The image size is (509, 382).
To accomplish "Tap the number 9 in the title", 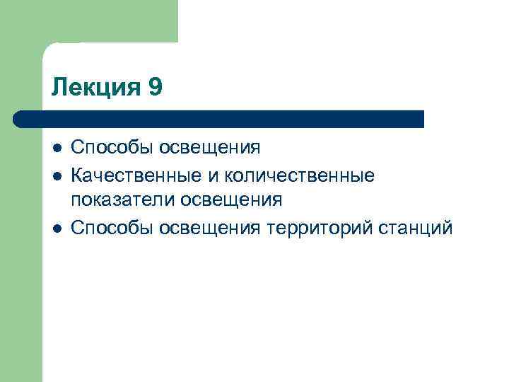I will [156, 88].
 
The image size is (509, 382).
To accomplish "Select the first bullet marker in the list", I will [57, 149].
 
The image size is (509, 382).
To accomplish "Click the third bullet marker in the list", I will [57, 228].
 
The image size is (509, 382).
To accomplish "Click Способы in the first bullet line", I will [112, 148].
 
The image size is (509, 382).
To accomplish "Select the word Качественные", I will [136, 174].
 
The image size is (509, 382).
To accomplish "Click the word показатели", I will [123, 201].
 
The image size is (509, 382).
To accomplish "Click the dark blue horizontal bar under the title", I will [226, 119].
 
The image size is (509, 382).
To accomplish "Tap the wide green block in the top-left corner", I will [88, 21].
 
